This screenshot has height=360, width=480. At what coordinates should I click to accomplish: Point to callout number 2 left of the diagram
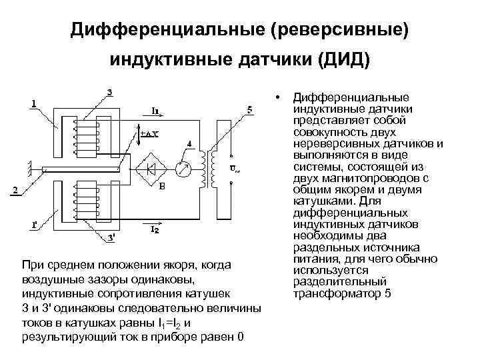point(15,191)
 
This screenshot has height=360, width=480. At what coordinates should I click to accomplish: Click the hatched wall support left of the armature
point(30,169)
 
